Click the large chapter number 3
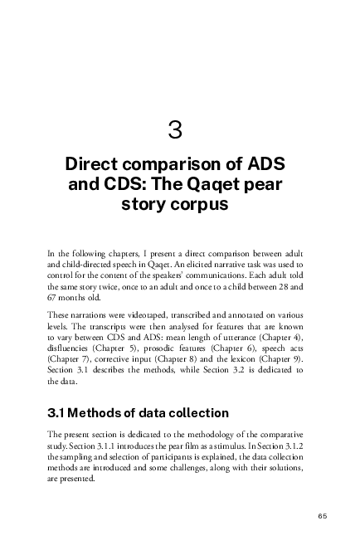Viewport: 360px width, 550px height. click(x=175, y=130)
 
